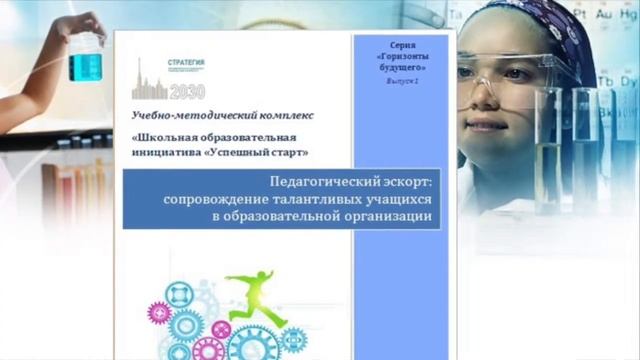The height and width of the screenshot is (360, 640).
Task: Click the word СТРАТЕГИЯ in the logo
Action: click(187, 63)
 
